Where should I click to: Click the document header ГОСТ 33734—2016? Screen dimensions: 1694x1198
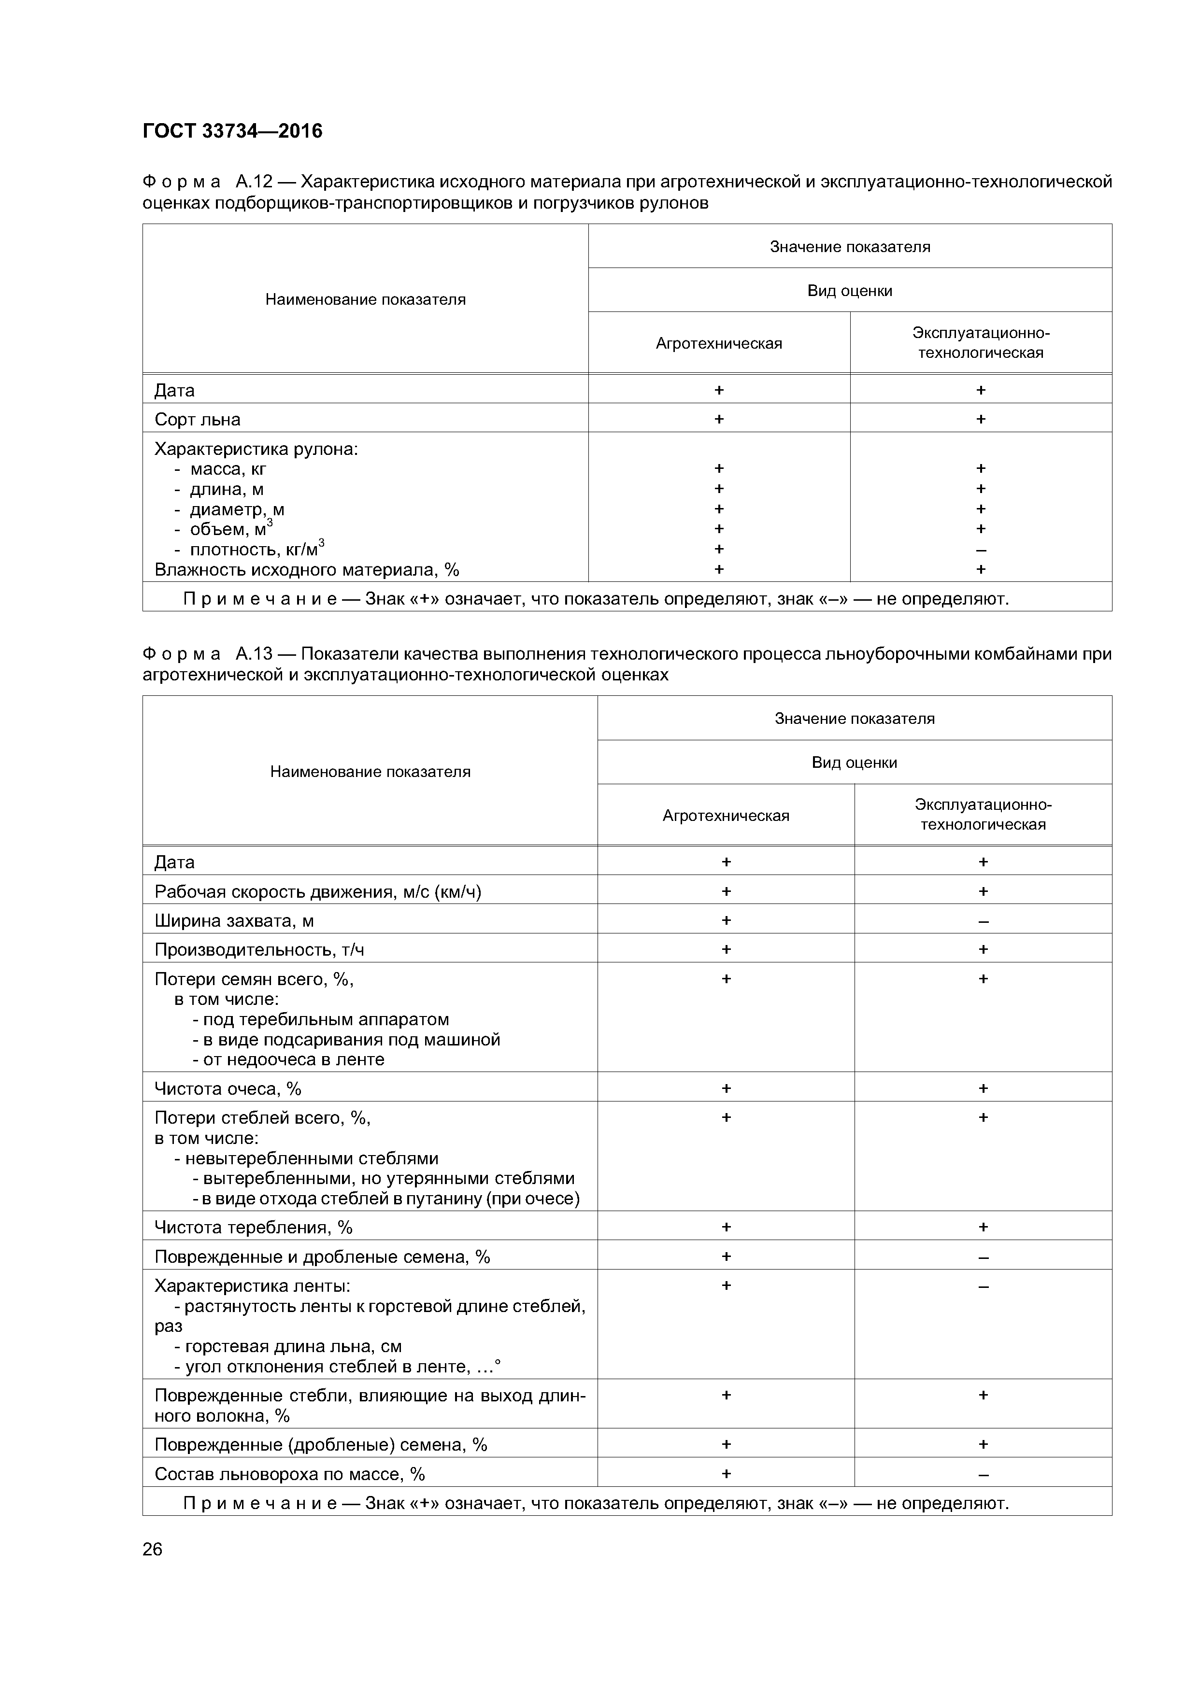pos(232,131)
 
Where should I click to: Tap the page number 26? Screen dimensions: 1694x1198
pos(152,1549)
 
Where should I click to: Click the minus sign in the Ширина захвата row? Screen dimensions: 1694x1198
pos(983,921)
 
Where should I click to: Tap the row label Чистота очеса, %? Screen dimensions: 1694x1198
pos(228,1088)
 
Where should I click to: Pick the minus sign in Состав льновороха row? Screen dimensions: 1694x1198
pos(983,1474)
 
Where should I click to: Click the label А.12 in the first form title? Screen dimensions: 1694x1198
pos(255,182)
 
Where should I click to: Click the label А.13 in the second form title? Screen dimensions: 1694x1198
pos(255,654)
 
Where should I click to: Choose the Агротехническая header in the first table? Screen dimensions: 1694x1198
pos(718,343)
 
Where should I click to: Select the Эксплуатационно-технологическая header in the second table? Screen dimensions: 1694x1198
pos(983,815)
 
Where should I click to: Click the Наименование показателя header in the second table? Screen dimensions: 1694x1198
pos(370,771)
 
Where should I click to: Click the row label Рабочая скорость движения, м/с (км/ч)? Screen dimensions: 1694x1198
pos(317,891)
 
